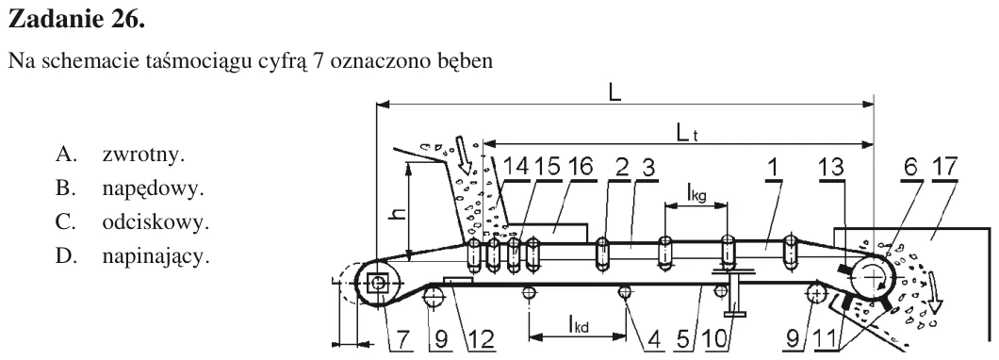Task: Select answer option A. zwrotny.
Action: tap(120, 155)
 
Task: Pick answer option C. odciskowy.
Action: tap(132, 223)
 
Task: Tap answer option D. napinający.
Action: tap(132, 257)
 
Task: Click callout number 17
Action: tap(943, 167)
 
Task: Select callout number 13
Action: tap(832, 167)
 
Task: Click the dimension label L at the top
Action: tap(614, 93)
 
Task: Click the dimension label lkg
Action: tap(696, 192)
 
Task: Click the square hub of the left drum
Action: tap(379, 283)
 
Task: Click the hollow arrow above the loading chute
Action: tap(467, 155)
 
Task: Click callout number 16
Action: tap(579, 167)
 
